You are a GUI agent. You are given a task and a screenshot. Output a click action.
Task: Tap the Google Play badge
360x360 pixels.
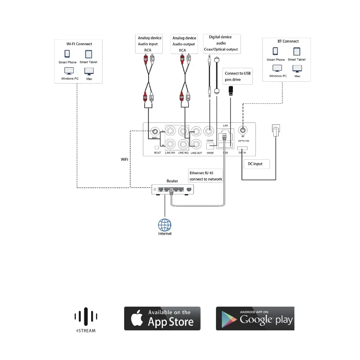coord(255,318)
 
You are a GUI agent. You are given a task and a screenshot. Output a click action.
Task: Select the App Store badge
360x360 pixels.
coord(162,318)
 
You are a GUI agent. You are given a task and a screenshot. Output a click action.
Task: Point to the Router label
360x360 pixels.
coord(172,181)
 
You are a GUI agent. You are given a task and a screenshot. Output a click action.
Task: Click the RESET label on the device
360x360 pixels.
coord(158,152)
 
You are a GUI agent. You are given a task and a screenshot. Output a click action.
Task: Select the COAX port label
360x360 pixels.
coord(209,140)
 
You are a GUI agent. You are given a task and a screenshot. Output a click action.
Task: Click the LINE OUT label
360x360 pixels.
coord(196,152)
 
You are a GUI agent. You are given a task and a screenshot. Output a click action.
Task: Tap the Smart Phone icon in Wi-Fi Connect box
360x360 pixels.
coord(67,54)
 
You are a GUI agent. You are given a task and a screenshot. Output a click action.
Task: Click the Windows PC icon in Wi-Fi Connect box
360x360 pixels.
coord(68,71)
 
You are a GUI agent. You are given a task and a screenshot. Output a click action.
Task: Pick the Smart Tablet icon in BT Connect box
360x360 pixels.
coord(296,52)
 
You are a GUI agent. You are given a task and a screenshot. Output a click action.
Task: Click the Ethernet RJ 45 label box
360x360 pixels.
coord(206,176)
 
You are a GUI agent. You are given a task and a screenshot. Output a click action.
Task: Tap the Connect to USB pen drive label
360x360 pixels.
coord(238,76)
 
